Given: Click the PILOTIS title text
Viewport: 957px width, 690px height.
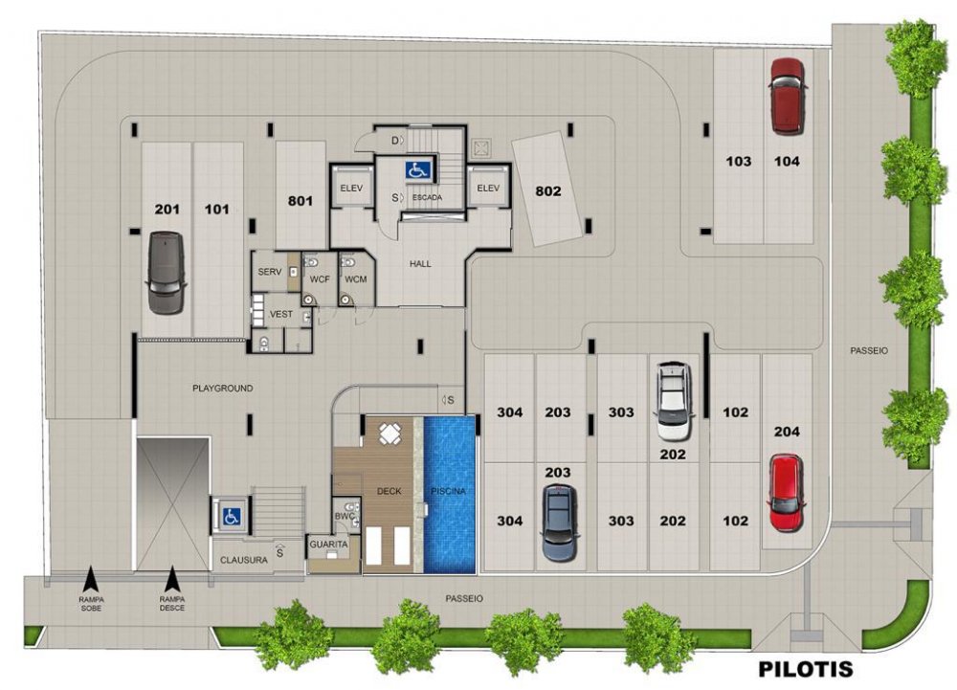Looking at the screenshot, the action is [805, 669].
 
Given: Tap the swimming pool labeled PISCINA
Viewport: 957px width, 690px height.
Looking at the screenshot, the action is [449, 495].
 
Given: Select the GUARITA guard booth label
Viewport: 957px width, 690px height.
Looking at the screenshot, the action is [328, 545].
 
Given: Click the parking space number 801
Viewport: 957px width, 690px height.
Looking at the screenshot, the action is [300, 201].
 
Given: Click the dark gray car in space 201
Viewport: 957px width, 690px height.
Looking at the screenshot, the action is [166, 273].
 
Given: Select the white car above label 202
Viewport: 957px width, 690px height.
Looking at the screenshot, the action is [674, 401].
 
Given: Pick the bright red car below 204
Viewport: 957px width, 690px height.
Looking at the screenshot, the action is [786, 493].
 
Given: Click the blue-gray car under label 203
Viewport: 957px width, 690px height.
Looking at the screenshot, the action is [560, 523].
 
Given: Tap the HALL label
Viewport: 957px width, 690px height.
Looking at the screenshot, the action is [420, 263].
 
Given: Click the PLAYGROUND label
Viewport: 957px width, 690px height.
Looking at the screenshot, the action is [222, 388].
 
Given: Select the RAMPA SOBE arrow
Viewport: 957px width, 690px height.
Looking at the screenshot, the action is [91, 578].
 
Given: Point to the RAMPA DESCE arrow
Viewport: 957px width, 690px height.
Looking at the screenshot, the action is [172, 578].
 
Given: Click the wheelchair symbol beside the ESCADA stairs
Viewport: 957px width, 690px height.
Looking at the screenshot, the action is [418, 170].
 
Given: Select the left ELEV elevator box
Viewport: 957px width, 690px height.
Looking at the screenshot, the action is [351, 188].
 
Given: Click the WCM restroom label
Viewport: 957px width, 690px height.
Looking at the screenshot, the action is [355, 279].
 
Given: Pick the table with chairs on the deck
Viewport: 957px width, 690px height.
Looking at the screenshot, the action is [389, 434].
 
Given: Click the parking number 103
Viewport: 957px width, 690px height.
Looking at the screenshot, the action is [738, 161].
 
